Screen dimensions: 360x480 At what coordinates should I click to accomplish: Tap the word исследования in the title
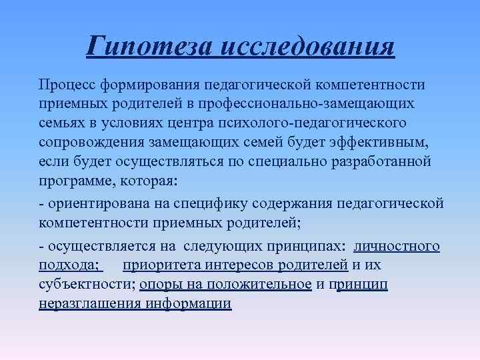click(306, 47)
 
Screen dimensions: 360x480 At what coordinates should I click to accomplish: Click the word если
click(52, 162)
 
